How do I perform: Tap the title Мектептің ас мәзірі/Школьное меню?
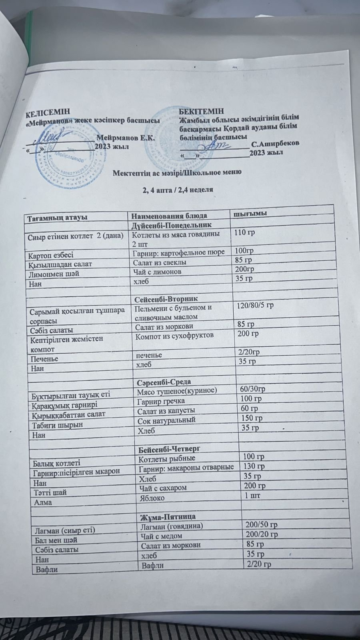pyautogui.click(x=176, y=172)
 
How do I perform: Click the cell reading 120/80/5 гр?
pyautogui.click(x=255, y=306)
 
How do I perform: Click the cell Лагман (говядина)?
pyautogui.click(x=170, y=525)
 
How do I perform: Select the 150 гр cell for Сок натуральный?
pyautogui.click(x=252, y=418)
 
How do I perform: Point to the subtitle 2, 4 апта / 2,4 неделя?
pyautogui.click(x=177, y=190)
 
